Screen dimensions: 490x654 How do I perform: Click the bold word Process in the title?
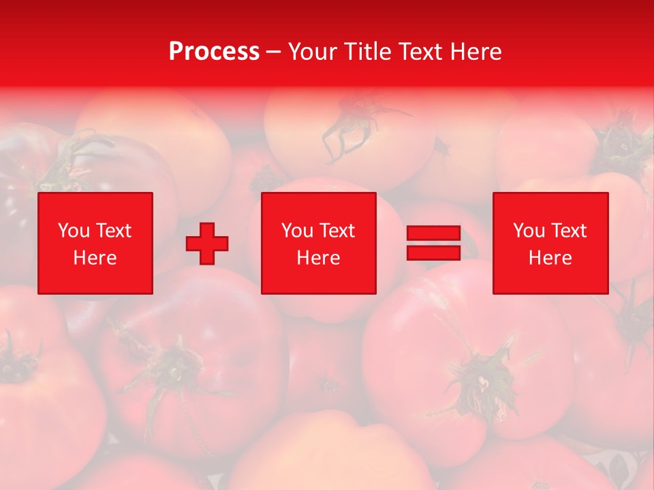pos(214,52)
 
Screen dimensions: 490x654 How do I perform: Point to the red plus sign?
pos(207,244)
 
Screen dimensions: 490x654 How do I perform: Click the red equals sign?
pos(433,244)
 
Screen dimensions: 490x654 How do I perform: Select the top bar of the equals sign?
pos(433,233)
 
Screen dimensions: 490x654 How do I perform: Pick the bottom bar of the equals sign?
pos(433,253)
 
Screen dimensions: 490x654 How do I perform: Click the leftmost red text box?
pos(95,243)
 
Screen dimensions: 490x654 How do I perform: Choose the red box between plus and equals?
pos(319,243)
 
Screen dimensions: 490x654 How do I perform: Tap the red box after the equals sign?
pos(550,243)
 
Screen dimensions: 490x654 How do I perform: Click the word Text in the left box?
pos(114,231)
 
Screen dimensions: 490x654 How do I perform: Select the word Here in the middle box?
pos(319,258)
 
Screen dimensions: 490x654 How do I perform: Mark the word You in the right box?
pos(529,231)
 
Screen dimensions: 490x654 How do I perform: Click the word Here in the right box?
pos(550,258)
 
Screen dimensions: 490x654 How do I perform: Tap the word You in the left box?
pos(74,231)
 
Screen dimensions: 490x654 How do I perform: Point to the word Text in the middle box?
pos(337,231)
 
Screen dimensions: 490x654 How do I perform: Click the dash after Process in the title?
pos(274,52)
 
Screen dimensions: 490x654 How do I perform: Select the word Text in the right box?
pos(569,231)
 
